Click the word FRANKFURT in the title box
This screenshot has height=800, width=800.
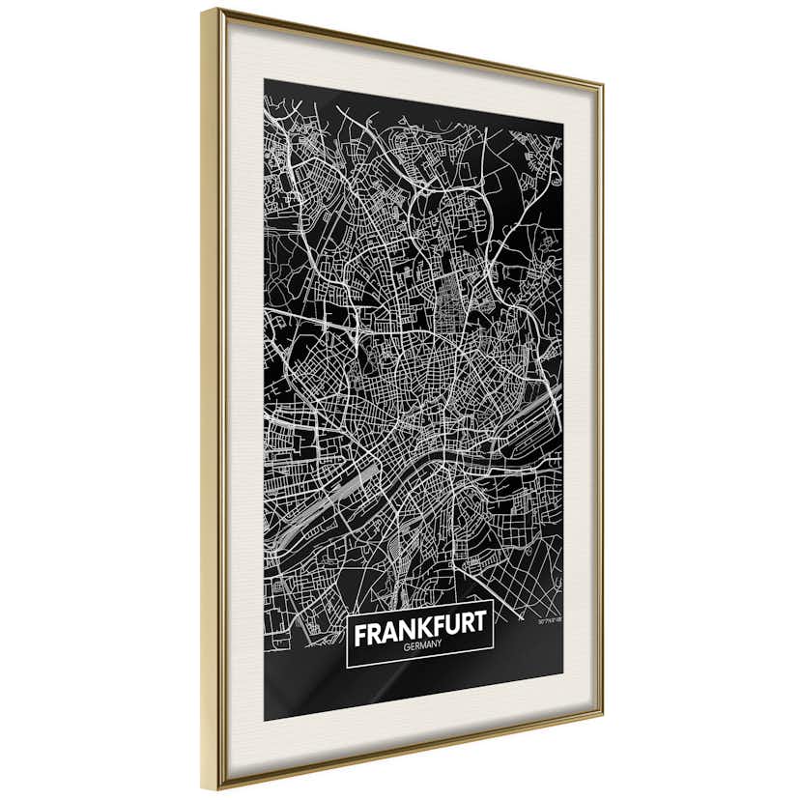pos(420,635)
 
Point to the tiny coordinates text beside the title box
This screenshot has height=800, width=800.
pos(550,619)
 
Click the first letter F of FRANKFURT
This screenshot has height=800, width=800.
pos(360,637)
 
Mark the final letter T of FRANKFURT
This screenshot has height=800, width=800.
pos(481,633)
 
